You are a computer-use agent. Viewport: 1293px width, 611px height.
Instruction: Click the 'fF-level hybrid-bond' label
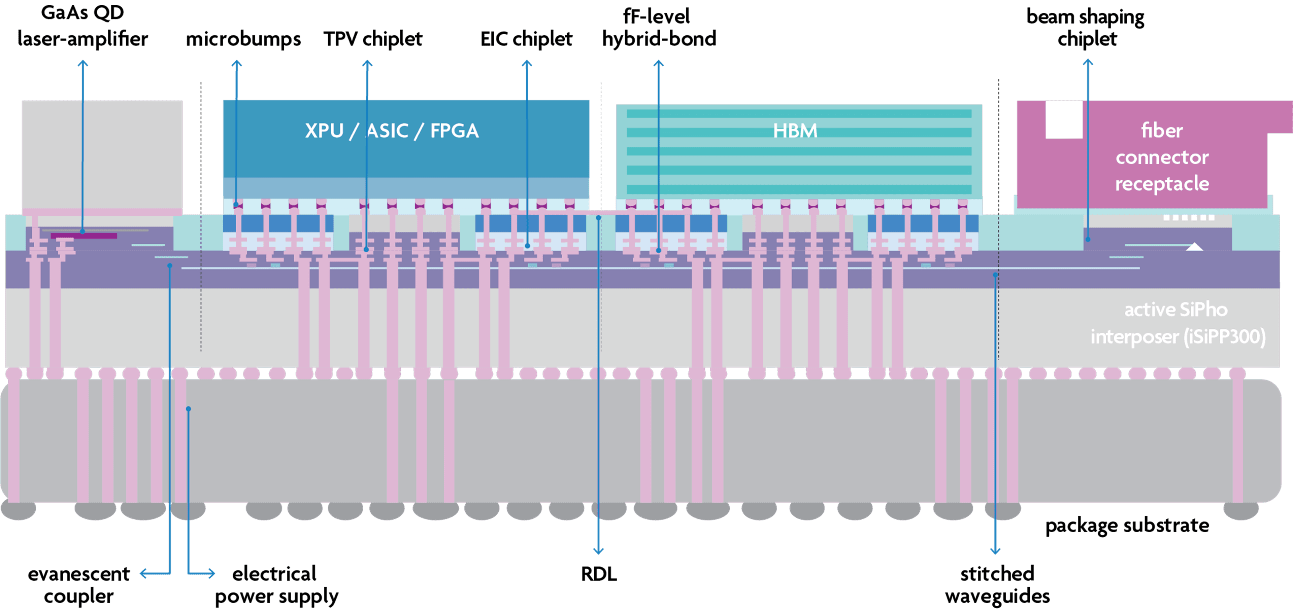pyautogui.click(x=659, y=28)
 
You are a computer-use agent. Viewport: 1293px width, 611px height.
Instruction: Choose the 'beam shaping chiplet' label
pyautogui.click(x=1086, y=28)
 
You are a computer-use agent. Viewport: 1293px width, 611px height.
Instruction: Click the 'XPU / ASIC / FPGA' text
pyautogui.click(x=392, y=131)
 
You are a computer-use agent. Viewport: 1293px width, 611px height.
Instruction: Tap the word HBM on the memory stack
pyautogui.click(x=795, y=131)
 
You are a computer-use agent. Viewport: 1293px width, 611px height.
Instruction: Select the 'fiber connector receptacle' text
pyautogui.click(x=1162, y=157)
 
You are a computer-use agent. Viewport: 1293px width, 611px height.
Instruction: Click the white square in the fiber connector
pyautogui.click(x=1064, y=119)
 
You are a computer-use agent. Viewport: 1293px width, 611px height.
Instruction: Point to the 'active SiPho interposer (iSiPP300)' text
pyautogui.click(x=1177, y=323)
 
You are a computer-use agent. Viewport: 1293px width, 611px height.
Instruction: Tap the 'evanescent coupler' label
pyautogui.click(x=79, y=585)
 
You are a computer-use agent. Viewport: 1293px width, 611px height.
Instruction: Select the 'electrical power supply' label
pyautogui.click(x=276, y=585)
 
